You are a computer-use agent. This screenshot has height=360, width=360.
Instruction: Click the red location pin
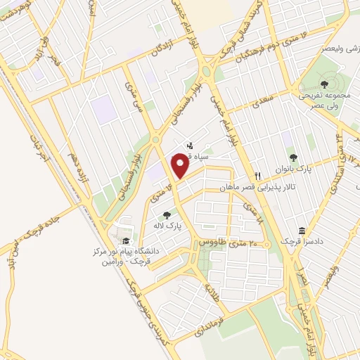[x=181, y=166]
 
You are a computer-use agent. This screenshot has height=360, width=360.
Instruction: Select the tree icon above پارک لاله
[x=166, y=215]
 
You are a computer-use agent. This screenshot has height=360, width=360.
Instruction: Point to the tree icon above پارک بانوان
[x=292, y=157]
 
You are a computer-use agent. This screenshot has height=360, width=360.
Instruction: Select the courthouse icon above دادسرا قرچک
[x=302, y=231]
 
